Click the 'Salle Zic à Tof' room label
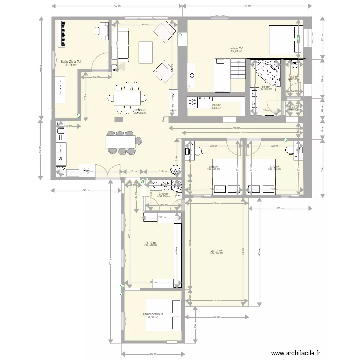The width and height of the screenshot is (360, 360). (71, 62)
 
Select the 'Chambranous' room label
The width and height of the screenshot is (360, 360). (153, 314)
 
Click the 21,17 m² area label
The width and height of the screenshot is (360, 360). (217, 251)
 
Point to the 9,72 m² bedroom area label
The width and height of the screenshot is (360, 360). (275, 167)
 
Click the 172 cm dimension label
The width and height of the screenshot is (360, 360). (95, 77)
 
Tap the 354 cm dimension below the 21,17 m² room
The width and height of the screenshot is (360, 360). (217, 317)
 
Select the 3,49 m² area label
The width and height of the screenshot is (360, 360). (164, 194)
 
